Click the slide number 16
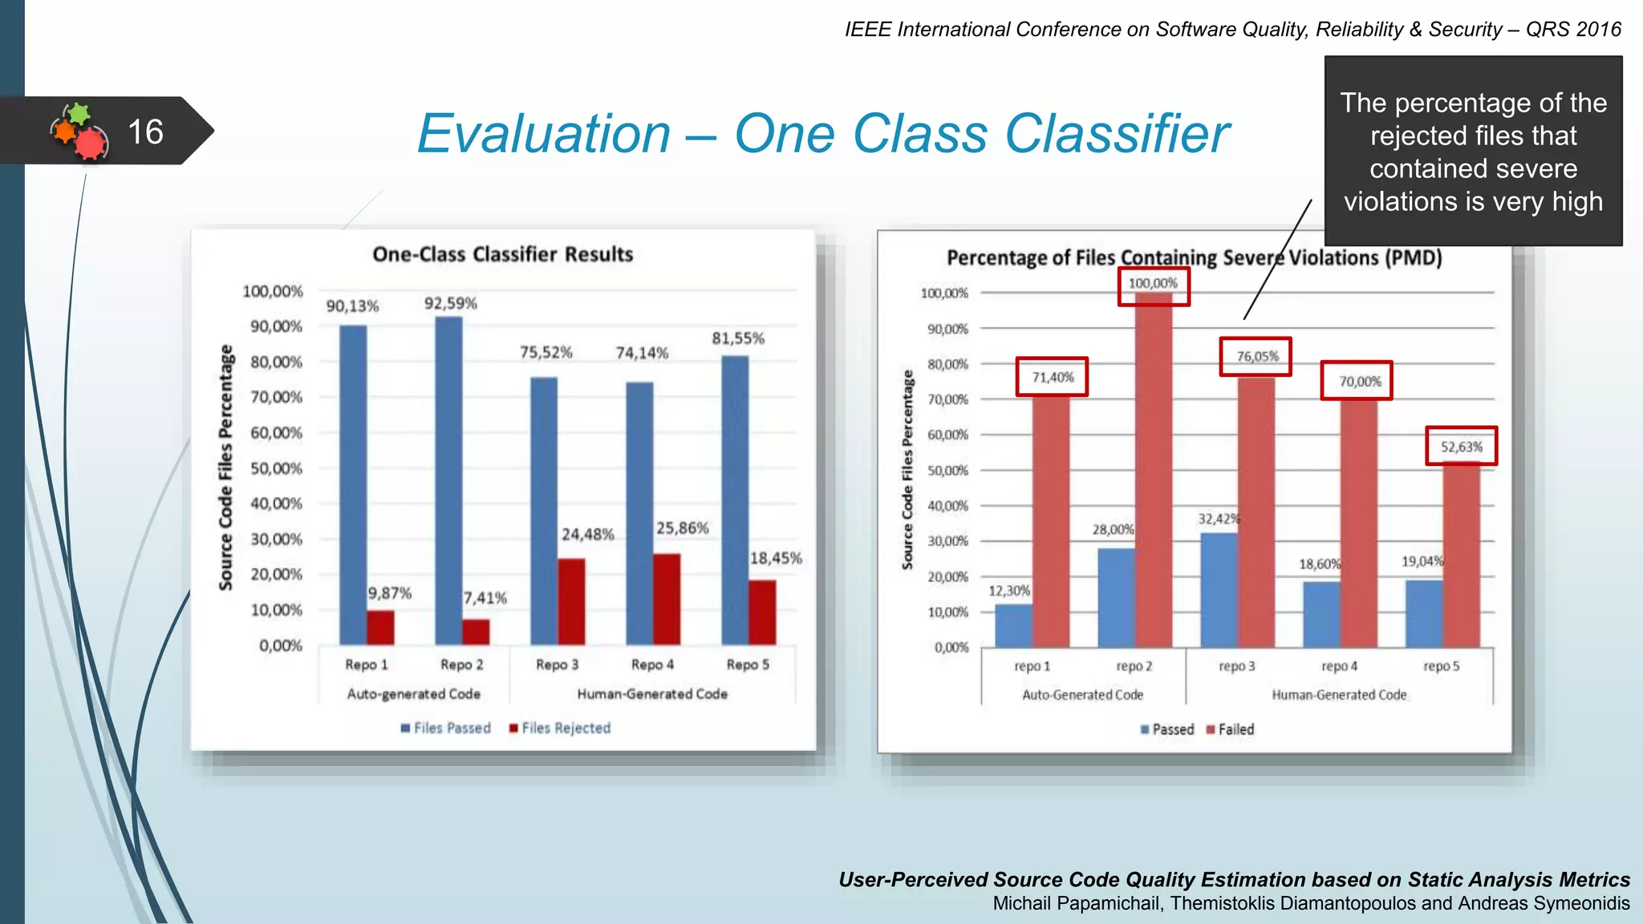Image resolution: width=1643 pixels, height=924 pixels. (145, 132)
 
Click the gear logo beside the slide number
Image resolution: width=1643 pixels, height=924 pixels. (79, 131)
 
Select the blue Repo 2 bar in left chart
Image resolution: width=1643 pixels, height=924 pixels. (448, 481)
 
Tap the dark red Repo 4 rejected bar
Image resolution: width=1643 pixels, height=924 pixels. (667, 599)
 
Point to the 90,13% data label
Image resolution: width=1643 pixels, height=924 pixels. (352, 306)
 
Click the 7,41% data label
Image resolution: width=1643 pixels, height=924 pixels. (485, 598)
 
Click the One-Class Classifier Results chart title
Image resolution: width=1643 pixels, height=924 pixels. (503, 254)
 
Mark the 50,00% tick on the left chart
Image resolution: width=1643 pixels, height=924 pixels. (276, 468)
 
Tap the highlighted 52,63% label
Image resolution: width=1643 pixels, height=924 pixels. (1461, 447)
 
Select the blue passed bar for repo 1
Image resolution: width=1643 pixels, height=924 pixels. (1013, 626)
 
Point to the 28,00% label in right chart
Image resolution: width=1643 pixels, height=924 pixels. (1113, 530)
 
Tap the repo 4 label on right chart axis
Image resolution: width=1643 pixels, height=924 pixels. (1339, 667)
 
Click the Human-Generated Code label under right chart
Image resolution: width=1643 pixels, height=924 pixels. (1339, 695)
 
